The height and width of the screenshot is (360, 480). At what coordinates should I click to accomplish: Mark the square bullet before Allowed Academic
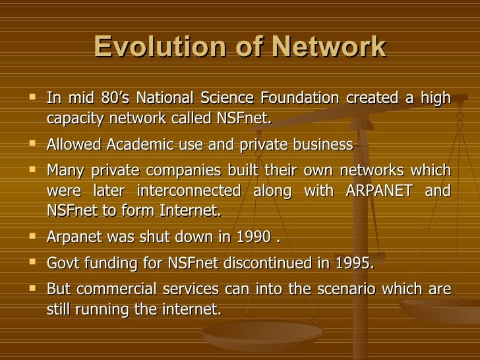[32, 144]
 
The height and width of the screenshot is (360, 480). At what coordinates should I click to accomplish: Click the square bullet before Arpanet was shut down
[32, 238]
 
